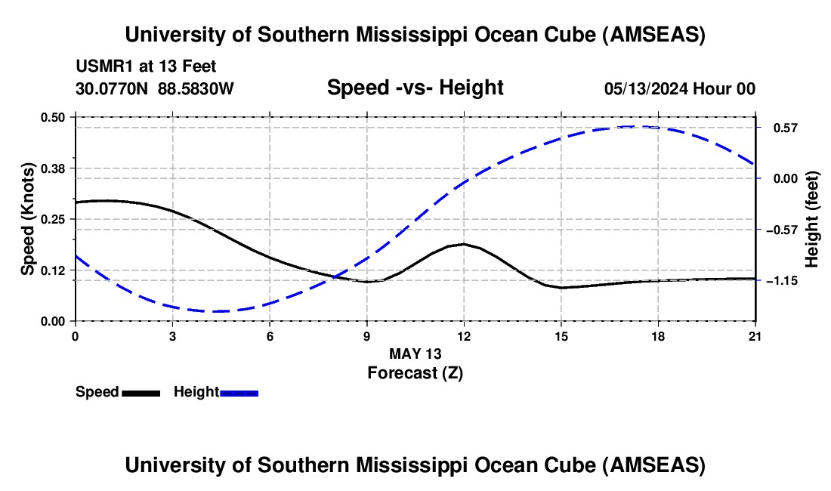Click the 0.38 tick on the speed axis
(x=54, y=168)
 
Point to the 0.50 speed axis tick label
(x=54, y=117)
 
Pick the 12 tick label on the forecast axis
(x=464, y=336)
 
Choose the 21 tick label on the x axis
(x=755, y=336)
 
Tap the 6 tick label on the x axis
(x=270, y=336)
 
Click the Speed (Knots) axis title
(x=28, y=219)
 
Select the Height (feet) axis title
(x=812, y=219)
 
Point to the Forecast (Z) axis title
(x=415, y=372)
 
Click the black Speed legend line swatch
(x=141, y=393)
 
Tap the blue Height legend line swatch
(x=239, y=393)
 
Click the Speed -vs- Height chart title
(x=415, y=88)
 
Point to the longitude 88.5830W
(x=196, y=89)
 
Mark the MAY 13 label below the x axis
(x=415, y=354)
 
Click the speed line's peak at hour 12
(x=464, y=244)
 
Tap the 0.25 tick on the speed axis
(x=54, y=219)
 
